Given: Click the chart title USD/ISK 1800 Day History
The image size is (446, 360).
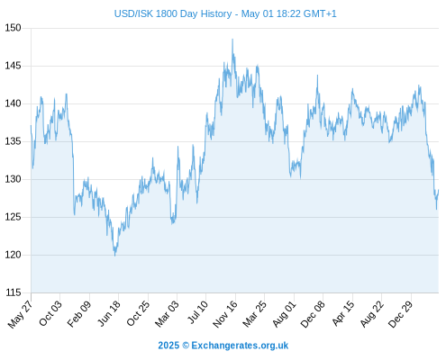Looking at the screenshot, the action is point(173,13).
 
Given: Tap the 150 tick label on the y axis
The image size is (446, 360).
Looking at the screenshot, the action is point(13,28).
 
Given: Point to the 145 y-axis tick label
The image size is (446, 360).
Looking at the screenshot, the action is point(13,66).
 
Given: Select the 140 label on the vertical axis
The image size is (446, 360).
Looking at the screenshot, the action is point(13,103).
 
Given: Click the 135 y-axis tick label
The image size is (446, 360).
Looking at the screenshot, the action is point(13,141).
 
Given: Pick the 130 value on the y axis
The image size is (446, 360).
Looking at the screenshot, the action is point(13,179).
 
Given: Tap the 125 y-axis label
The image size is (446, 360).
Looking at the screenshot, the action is point(13,217).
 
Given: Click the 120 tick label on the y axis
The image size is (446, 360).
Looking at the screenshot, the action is point(13,255).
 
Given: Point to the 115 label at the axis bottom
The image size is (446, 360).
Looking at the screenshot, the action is point(13,292).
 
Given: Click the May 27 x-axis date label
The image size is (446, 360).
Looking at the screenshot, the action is point(21,314).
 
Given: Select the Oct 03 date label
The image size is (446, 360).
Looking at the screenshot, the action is point(50,313).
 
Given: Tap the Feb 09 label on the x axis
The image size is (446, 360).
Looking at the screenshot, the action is point(79,314).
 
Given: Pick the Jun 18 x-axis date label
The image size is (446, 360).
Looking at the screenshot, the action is point(109,313).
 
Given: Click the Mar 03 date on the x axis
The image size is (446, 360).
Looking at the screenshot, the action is point(167,314).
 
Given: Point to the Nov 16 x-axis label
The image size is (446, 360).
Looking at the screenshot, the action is point(225,314).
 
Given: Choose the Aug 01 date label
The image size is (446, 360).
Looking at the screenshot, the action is point(284,314).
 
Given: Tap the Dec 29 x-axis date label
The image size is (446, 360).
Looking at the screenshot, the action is point(401,314).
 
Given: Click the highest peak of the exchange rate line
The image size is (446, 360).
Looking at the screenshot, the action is point(232,40).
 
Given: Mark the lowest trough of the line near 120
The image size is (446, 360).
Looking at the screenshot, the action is point(114,256).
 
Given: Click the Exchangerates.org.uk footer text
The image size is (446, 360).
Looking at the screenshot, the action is point(240,346).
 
